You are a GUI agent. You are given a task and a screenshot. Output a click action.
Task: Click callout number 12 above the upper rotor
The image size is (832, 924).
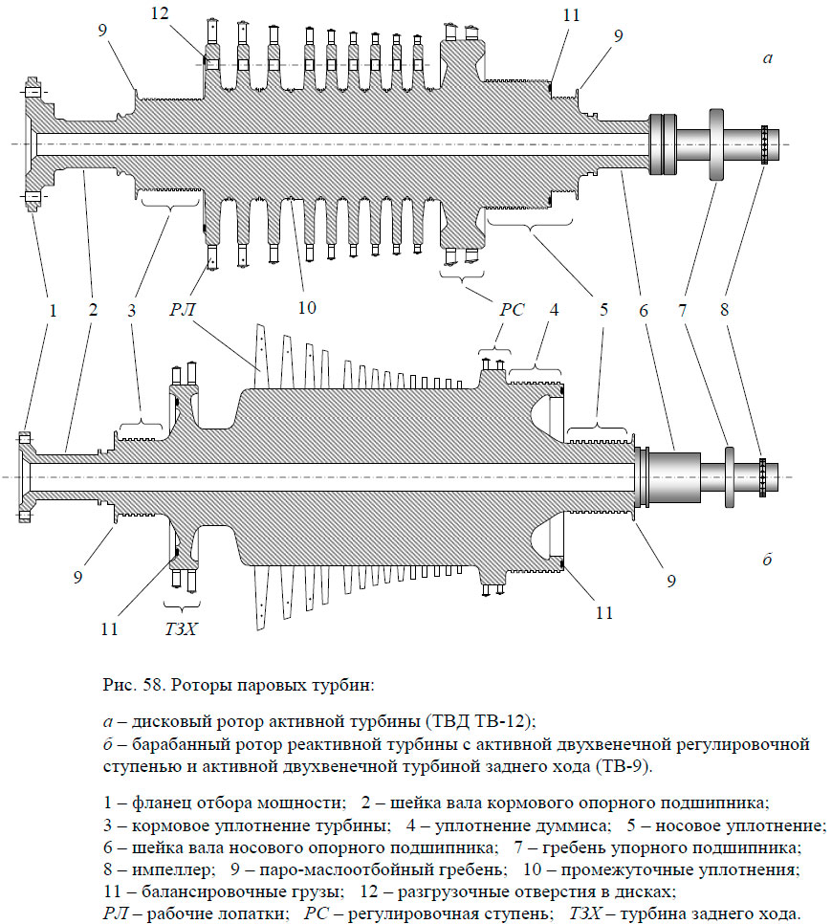point(159,12)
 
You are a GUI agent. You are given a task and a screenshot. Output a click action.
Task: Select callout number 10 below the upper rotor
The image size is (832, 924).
point(307,308)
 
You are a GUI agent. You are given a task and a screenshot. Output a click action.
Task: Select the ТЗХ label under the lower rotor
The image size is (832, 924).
point(182,629)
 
